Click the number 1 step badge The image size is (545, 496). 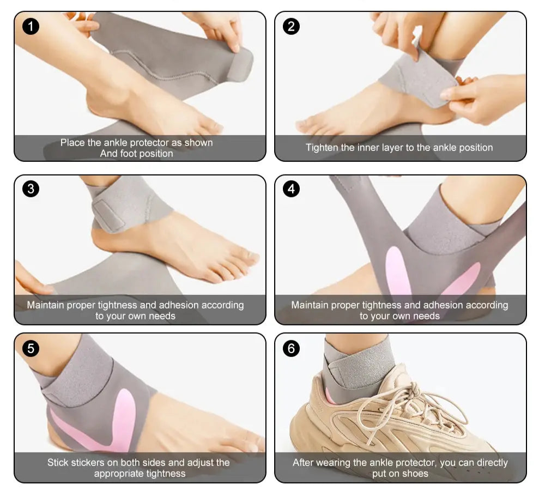[31, 26]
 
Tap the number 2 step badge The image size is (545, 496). [291, 26]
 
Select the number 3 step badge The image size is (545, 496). [31, 189]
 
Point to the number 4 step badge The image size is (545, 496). [291, 189]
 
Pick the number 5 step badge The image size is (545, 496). [31, 348]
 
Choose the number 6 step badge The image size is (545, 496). [291, 348]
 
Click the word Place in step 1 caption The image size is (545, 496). [72, 142]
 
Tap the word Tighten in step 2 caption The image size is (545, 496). [322, 148]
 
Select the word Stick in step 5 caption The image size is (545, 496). [58, 463]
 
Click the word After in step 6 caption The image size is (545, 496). [303, 463]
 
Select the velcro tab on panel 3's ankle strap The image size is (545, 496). [108, 216]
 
